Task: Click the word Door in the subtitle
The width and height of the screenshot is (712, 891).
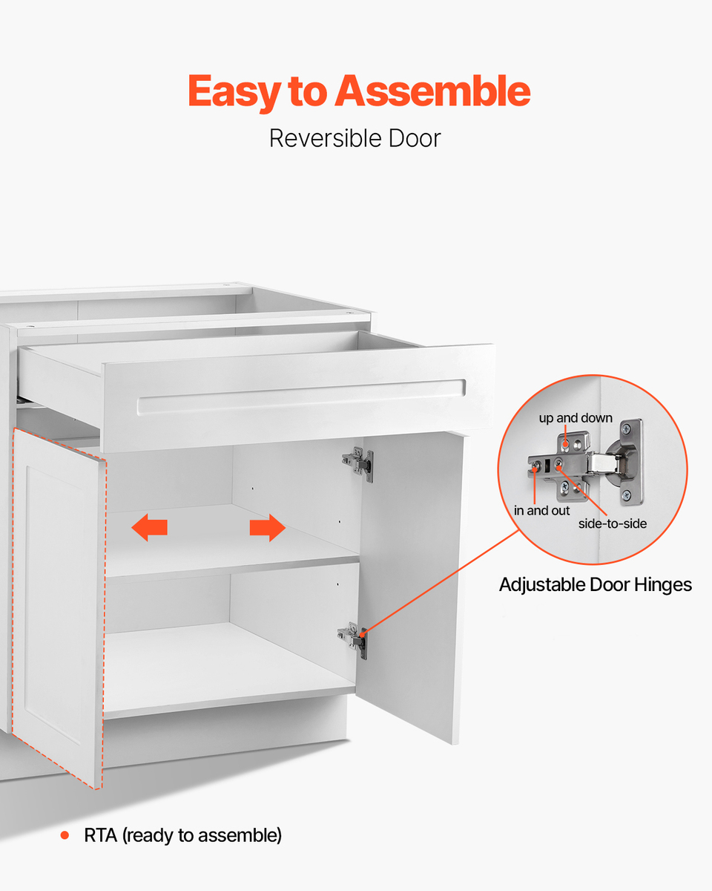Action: [x=415, y=138]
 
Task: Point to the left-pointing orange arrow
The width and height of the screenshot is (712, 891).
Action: [x=149, y=527]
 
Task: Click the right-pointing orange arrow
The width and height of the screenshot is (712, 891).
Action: [x=268, y=527]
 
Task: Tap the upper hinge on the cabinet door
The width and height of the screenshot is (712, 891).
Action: [x=358, y=464]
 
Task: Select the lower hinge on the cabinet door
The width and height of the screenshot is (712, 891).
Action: [x=352, y=640]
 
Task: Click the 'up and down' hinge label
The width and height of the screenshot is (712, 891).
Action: [x=576, y=418]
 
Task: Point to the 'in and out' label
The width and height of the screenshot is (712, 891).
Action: [x=541, y=511]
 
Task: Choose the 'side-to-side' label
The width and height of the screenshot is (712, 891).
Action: [x=613, y=523]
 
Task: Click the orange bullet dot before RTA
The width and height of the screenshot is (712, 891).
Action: [x=65, y=835]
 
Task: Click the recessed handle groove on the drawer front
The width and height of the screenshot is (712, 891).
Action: [x=301, y=397]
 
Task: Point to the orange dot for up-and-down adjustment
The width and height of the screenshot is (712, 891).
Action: [x=566, y=444]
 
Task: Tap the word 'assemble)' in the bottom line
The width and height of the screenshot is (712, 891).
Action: [x=242, y=835]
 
